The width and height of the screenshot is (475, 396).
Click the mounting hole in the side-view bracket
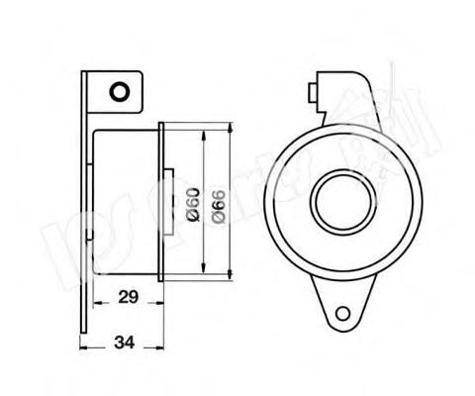[120, 92]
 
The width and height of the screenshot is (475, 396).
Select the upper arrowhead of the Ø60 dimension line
[204, 132]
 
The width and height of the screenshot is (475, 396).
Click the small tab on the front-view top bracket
[315, 93]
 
